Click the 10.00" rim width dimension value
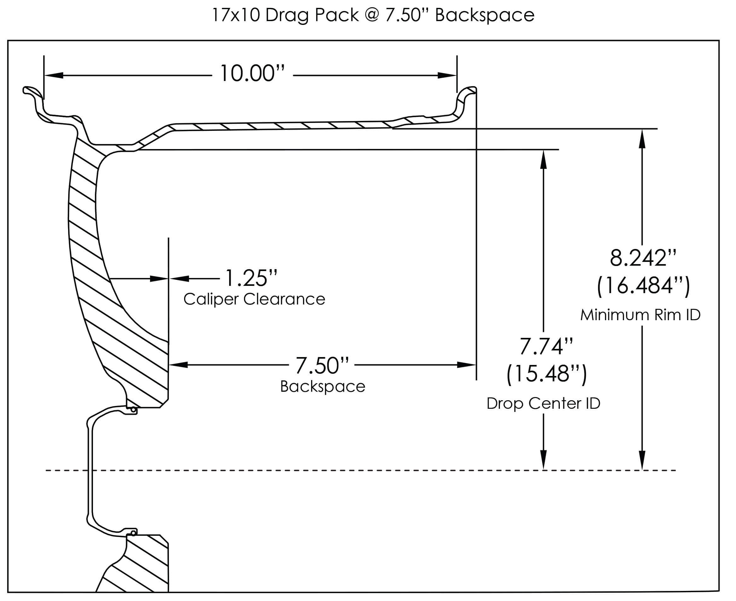coord(252,73)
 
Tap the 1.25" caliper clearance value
coord(251,278)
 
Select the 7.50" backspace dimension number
coord(322,366)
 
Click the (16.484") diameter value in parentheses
coord(643,286)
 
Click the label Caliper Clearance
coord(254,299)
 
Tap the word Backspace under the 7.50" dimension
coord(322,387)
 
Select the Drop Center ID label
coord(543,403)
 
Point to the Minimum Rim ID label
coord(640,315)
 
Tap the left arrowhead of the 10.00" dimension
coord(54,75)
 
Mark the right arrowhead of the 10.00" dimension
coord(447,75)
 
